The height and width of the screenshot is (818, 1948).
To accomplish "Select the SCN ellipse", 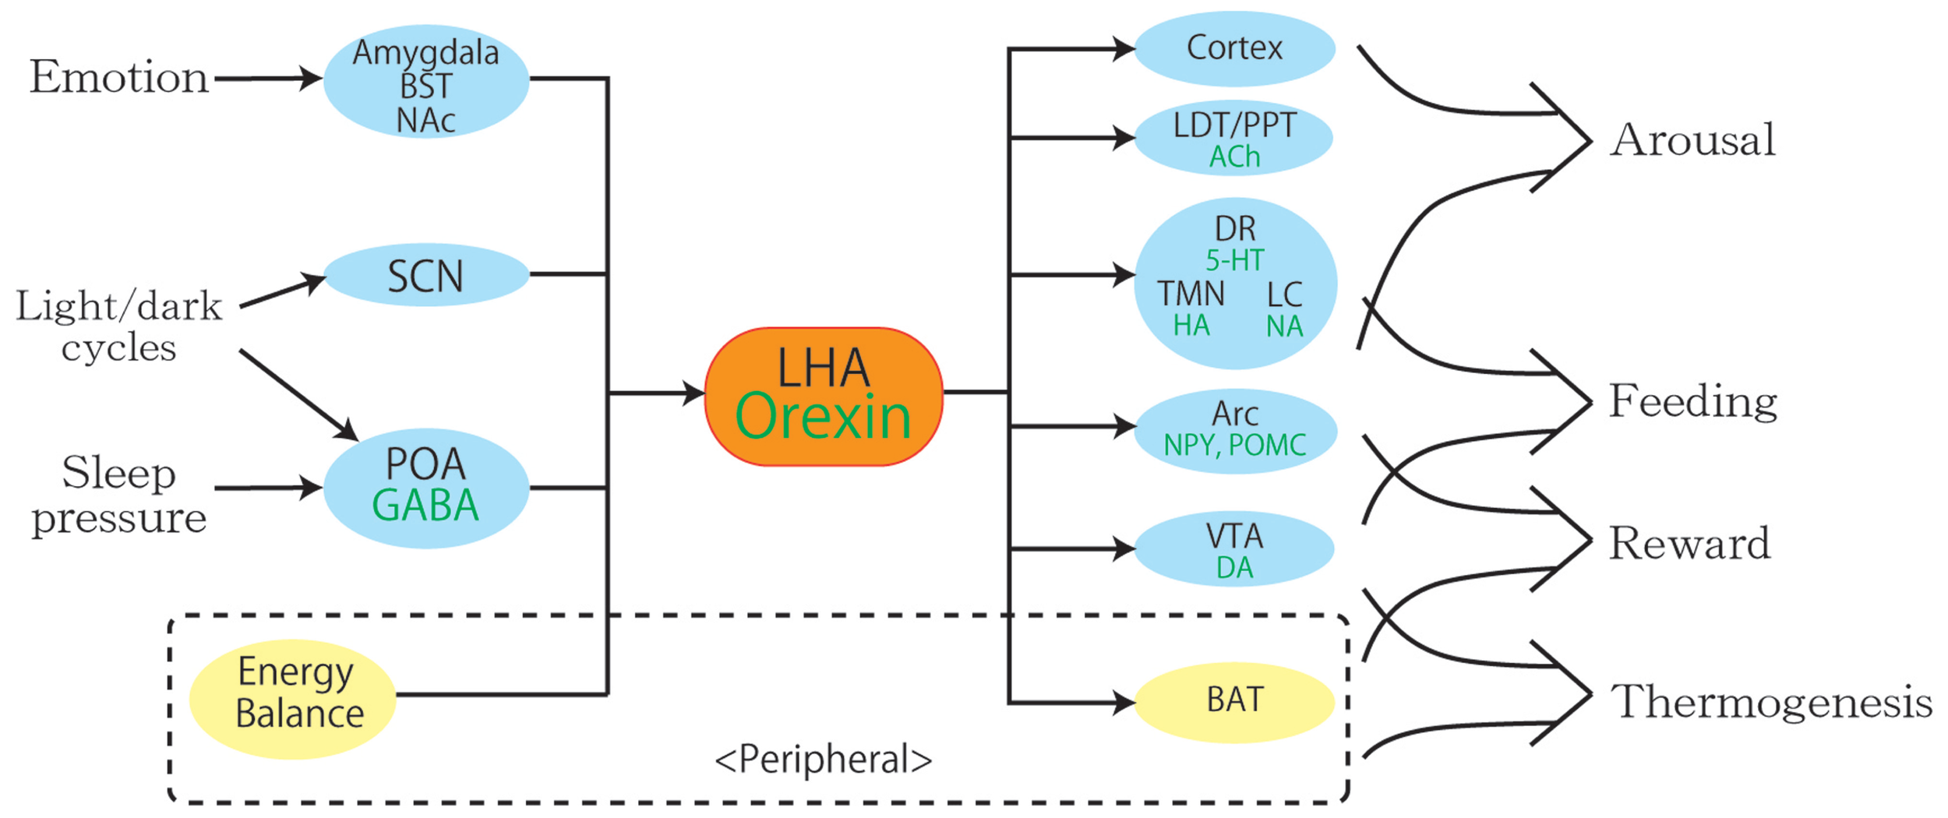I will click(x=425, y=275).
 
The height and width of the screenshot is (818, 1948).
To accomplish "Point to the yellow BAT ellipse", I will click(x=1234, y=700).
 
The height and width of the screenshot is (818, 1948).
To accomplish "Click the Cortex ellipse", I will click(x=1234, y=48).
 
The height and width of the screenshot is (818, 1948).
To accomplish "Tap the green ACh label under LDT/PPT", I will click(x=1234, y=157).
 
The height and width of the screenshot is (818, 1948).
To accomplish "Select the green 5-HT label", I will click(x=1234, y=260).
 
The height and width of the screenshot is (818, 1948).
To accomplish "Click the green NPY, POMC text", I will click(x=1234, y=445).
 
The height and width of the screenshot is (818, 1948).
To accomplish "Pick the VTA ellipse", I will click(x=1234, y=549).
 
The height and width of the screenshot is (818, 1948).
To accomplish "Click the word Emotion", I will click(x=118, y=78).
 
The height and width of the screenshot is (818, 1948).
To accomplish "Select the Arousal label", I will click(x=1692, y=140).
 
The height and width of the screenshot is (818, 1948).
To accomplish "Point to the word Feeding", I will click(x=1692, y=401).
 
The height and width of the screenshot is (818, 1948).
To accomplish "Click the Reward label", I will click(x=1689, y=543).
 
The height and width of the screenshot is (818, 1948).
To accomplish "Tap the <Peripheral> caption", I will click(x=823, y=758).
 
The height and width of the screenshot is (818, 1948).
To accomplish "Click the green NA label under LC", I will click(x=1284, y=326).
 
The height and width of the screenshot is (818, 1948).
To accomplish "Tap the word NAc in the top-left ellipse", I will click(x=425, y=121).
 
